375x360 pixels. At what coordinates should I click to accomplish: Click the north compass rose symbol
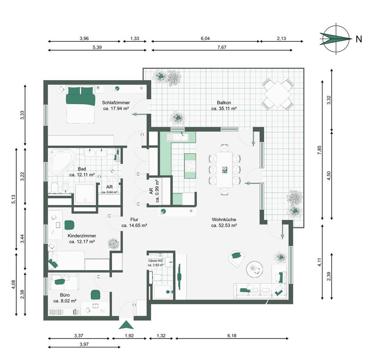[334, 39]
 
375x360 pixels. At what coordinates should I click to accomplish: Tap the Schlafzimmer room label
[116, 106]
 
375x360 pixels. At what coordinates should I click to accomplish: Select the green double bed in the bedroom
[80, 105]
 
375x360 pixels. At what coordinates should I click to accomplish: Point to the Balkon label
[224, 106]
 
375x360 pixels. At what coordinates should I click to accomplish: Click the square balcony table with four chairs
[278, 94]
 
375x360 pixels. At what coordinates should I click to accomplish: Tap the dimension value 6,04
[205, 38]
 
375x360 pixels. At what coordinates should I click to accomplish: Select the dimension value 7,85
[319, 150]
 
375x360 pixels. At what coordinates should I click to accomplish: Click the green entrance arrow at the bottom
[126, 324]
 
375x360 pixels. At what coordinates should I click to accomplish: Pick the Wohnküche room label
[224, 222]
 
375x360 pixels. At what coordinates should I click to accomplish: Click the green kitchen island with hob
[190, 166]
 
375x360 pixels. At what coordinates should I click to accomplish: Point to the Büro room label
[64, 298]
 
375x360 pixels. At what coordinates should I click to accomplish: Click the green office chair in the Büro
[95, 294]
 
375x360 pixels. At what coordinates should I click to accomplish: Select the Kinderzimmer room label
[82, 239]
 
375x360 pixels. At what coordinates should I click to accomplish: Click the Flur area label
[134, 222]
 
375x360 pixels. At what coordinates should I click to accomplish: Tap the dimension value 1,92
[129, 335]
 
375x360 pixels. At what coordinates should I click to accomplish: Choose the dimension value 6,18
[232, 335]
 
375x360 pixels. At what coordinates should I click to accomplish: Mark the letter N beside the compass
[359, 39]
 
